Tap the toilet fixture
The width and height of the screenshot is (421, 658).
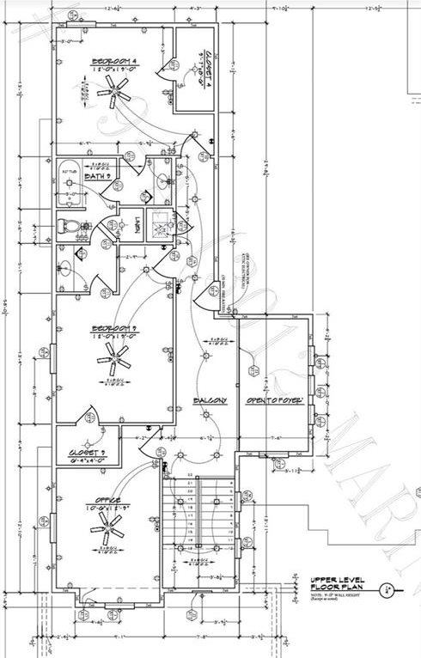click(70, 226)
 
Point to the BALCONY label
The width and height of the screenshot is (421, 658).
click(210, 401)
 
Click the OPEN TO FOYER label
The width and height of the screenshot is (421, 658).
click(274, 401)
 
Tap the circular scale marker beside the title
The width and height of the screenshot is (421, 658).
click(389, 589)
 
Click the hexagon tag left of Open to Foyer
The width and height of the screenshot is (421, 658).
click(253, 371)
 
